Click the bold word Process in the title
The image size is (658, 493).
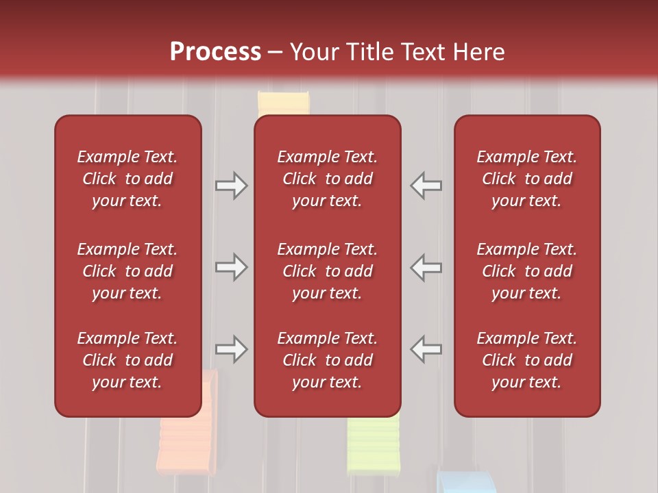215,52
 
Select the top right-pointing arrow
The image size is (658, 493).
231,186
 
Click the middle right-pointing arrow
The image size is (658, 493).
231,267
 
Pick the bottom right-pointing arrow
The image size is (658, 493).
231,349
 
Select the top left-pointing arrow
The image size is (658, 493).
426,186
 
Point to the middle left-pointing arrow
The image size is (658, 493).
426,267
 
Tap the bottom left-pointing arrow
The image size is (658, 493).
426,349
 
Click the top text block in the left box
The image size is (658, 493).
127,179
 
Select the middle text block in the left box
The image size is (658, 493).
127,271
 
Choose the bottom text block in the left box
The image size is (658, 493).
127,360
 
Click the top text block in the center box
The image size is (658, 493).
327,179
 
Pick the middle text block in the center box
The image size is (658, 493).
327,271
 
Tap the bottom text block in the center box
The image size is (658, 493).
327,360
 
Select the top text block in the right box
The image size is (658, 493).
526,179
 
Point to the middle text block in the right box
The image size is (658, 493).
526,271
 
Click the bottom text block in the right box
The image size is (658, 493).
526,360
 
